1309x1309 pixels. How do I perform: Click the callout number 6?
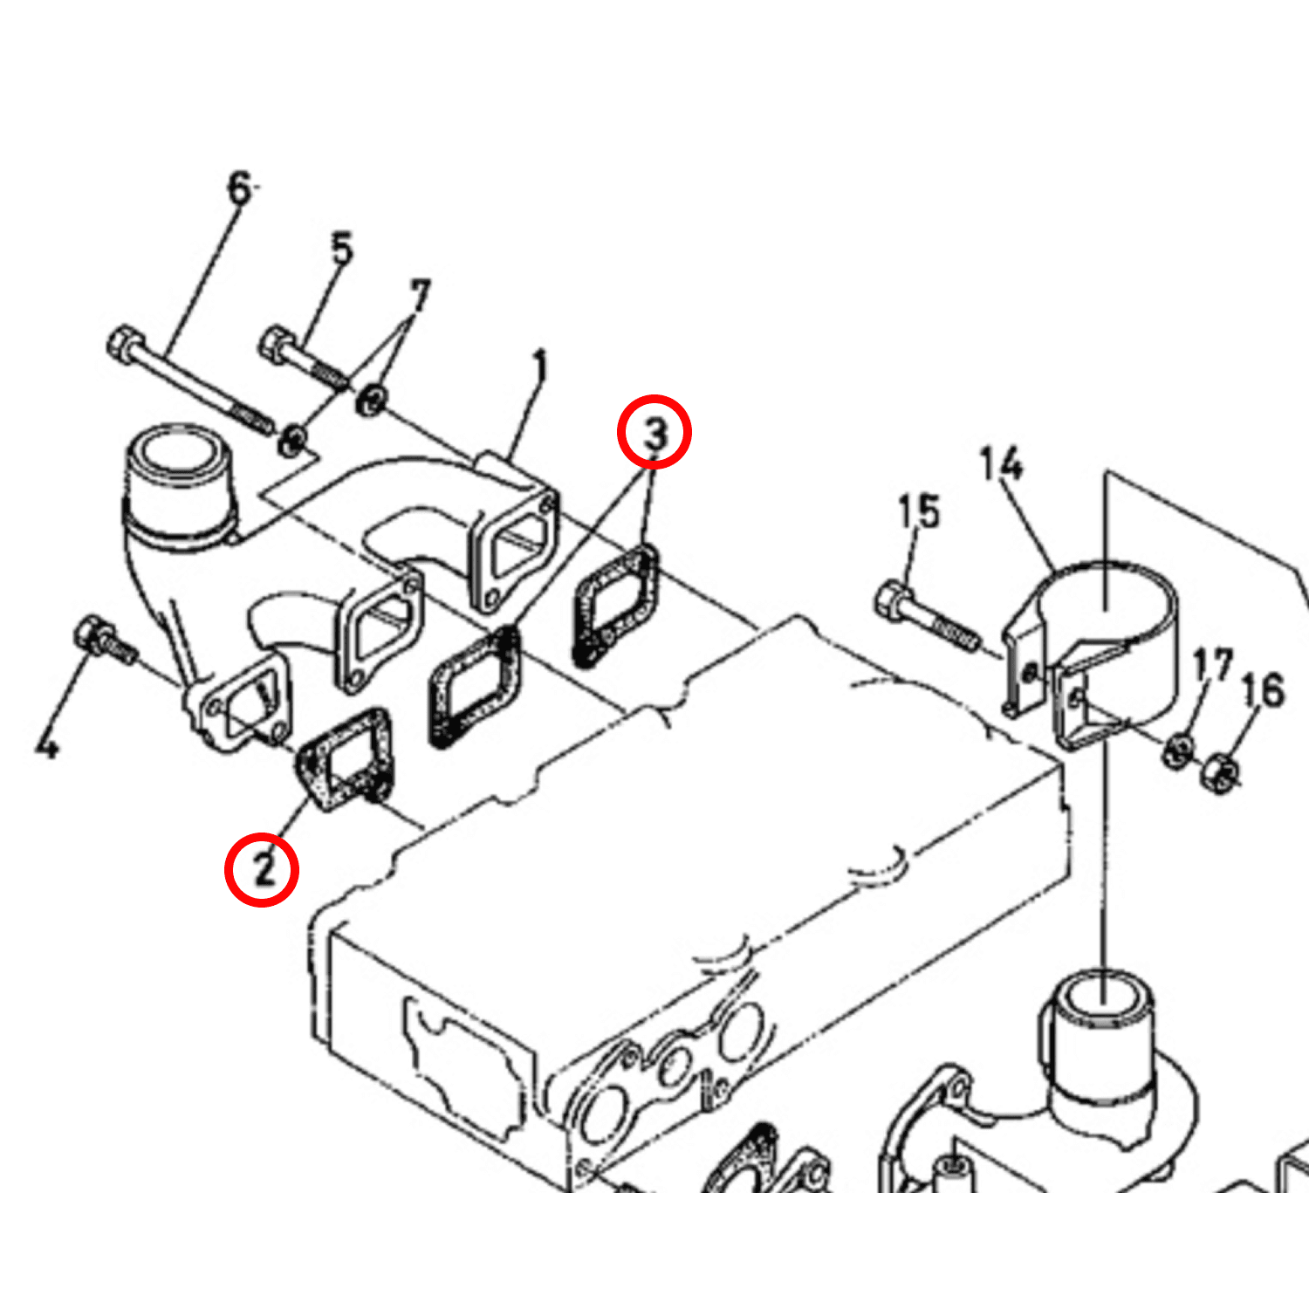point(239,188)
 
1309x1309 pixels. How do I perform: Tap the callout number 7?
point(420,296)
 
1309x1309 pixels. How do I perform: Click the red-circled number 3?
point(654,432)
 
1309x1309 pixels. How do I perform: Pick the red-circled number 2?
point(262,869)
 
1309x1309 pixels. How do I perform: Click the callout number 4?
point(47,744)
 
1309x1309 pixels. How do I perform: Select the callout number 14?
point(1000,463)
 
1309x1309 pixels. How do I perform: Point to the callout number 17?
point(1212,666)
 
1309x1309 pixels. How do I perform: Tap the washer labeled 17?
point(1177,750)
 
